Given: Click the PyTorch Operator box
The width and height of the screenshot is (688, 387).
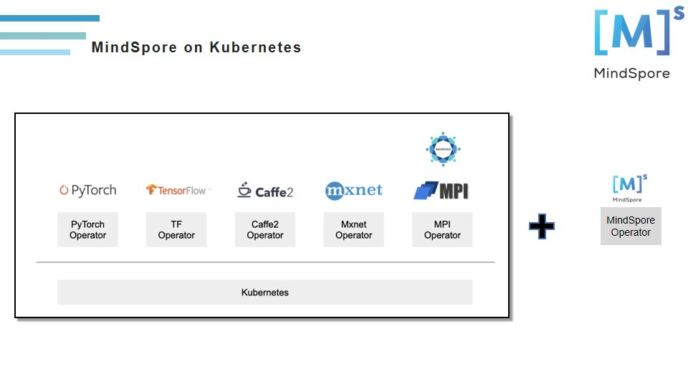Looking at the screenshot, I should pyautogui.click(x=87, y=229).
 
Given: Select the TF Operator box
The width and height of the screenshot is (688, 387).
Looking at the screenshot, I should pyautogui.click(x=176, y=229).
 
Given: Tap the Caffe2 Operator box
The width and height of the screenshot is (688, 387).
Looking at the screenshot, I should pyautogui.click(x=265, y=229).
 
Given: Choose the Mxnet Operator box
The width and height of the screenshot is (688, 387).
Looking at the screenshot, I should pyautogui.click(x=353, y=229).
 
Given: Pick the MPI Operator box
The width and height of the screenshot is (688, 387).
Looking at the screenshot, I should pyautogui.click(x=442, y=229).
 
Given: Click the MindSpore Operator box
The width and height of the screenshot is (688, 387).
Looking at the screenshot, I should pyautogui.click(x=631, y=226).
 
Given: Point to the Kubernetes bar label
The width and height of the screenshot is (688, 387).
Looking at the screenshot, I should pyautogui.click(x=265, y=292).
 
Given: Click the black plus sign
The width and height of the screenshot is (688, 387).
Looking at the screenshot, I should pyautogui.click(x=542, y=226).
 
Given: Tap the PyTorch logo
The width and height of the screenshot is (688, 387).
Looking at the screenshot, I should pyautogui.click(x=87, y=190).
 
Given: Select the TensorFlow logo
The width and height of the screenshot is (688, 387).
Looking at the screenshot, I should pyautogui.click(x=176, y=190).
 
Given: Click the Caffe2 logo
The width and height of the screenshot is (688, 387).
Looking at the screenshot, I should pyautogui.click(x=265, y=191).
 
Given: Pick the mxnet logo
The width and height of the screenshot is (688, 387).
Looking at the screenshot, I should pyautogui.click(x=353, y=190).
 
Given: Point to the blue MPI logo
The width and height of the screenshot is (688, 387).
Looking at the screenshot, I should pyautogui.click(x=441, y=191).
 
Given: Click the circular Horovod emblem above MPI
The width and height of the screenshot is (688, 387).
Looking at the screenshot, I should pyautogui.click(x=442, y=149).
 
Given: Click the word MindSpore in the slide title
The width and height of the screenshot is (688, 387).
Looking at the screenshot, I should pyautogui.click(x=134, y=48).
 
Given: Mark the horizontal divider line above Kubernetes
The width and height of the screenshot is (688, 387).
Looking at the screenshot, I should pyautogui.click(x=265, y=262).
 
